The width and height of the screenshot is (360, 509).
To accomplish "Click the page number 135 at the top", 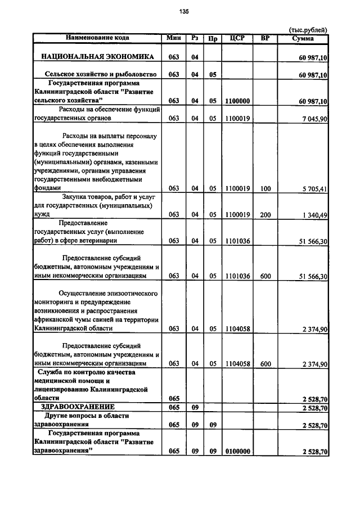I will pyautogui.click(x=183, y=11).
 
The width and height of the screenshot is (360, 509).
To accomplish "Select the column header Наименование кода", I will pyautogui.click(x=97, y=38).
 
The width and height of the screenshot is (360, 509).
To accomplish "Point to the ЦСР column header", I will pyautogui.click(x=237, y=38).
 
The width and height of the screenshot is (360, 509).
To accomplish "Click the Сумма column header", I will pyautogui.click(x=303, y=38).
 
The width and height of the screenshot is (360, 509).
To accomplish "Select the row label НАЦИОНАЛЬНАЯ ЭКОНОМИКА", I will pyautogui.click(x=97, y=57).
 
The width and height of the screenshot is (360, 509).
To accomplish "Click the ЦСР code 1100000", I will pyautogui.click(x=237, y=101).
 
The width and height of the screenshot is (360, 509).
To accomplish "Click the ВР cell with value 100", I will pyautogui.click(x=265, y=188).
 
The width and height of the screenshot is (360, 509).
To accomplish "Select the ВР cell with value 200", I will pyautogui.click(x=265, y=214).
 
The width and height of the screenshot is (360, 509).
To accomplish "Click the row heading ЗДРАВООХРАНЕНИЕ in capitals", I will pyautogui.click(x=78, y=407).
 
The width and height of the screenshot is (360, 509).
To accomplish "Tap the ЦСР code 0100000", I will pyautogui.click(x=237, y=452).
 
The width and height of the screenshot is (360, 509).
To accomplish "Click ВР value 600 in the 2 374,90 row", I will pyautogui.click(x=265, y=364).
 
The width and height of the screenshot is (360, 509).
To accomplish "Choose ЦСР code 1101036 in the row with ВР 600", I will pyautogui.click(x=237, y=276).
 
